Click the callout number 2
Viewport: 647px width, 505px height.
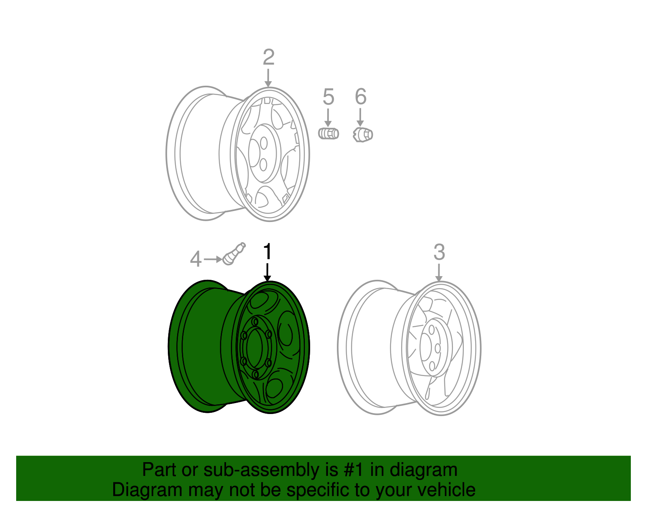(269, 57)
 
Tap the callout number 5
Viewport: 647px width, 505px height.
(328, 97)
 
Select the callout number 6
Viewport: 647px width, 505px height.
(360, 97)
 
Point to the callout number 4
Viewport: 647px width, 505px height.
(196, 259)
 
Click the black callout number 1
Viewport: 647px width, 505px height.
(268, 252)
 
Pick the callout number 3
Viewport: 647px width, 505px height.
(439, 252)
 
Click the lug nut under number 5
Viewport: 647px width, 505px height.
(328, 133)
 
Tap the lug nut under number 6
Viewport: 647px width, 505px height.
(362, 135)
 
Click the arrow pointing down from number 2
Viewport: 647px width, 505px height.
(268, 78)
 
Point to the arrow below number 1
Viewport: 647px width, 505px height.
(267, 272)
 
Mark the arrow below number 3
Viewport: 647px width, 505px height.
(439, 273)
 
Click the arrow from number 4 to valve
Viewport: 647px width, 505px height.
(212, 259)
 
